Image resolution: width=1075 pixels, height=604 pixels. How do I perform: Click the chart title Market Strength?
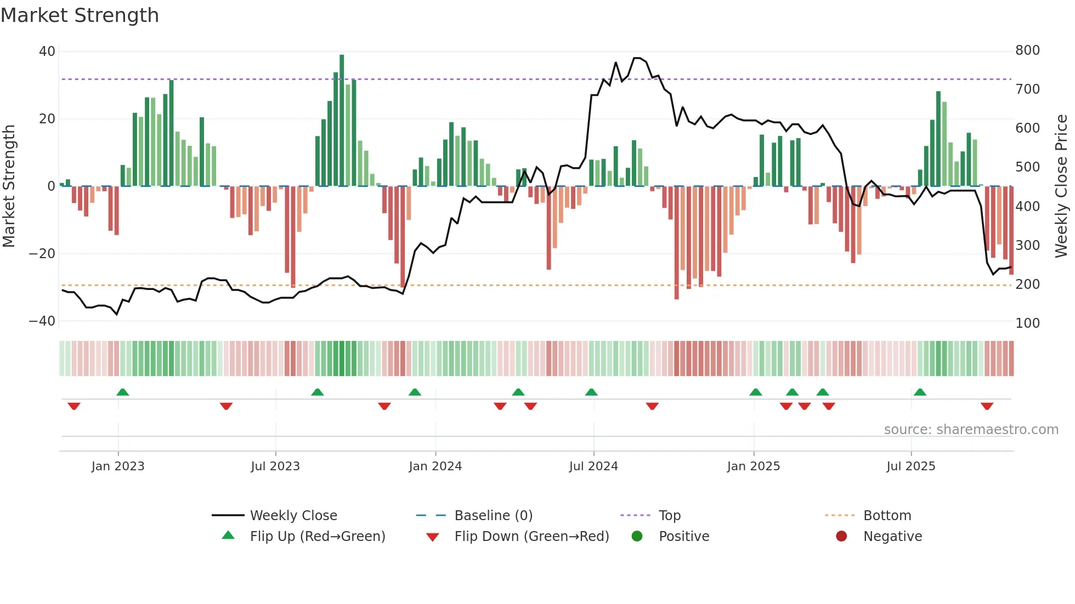tap(80, 15)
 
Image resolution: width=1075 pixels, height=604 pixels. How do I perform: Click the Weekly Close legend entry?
tap(293, 516)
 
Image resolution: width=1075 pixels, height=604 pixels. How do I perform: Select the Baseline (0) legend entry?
tap(493, 516)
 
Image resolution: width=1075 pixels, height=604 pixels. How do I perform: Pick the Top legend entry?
tap(669, 516)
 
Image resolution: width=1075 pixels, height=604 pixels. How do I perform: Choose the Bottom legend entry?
tap(887, 516)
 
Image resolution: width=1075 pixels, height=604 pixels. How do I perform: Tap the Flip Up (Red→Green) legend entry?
tap(317, 537)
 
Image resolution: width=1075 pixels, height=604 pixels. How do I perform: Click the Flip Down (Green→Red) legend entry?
tap(531, 537)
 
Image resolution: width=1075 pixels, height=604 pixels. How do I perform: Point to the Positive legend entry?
tap(683, 537)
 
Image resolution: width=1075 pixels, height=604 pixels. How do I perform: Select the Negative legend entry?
tap(892, 537)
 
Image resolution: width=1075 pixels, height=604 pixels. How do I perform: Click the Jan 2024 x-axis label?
tap(435, 466)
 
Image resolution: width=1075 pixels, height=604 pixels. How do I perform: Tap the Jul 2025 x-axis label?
tap(910, 466)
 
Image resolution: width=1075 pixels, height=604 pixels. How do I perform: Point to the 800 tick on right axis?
tap(1027, 50)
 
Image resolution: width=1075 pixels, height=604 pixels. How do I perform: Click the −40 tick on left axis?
tap(42, 321)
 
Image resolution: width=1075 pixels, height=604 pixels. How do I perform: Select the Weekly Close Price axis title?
tap(1061, 186)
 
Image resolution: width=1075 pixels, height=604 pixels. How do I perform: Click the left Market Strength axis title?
tap(9, 186)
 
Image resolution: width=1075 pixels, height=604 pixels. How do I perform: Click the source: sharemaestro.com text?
tap(971, 430)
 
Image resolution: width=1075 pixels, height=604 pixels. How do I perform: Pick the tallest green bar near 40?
tap(342, 121)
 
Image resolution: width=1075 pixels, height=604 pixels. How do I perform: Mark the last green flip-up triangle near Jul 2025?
tap(920, 392)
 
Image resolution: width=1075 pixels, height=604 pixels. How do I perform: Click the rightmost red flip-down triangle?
tap(987, 406)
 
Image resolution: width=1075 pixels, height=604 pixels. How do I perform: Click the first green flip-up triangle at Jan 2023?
tap(123, 392)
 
